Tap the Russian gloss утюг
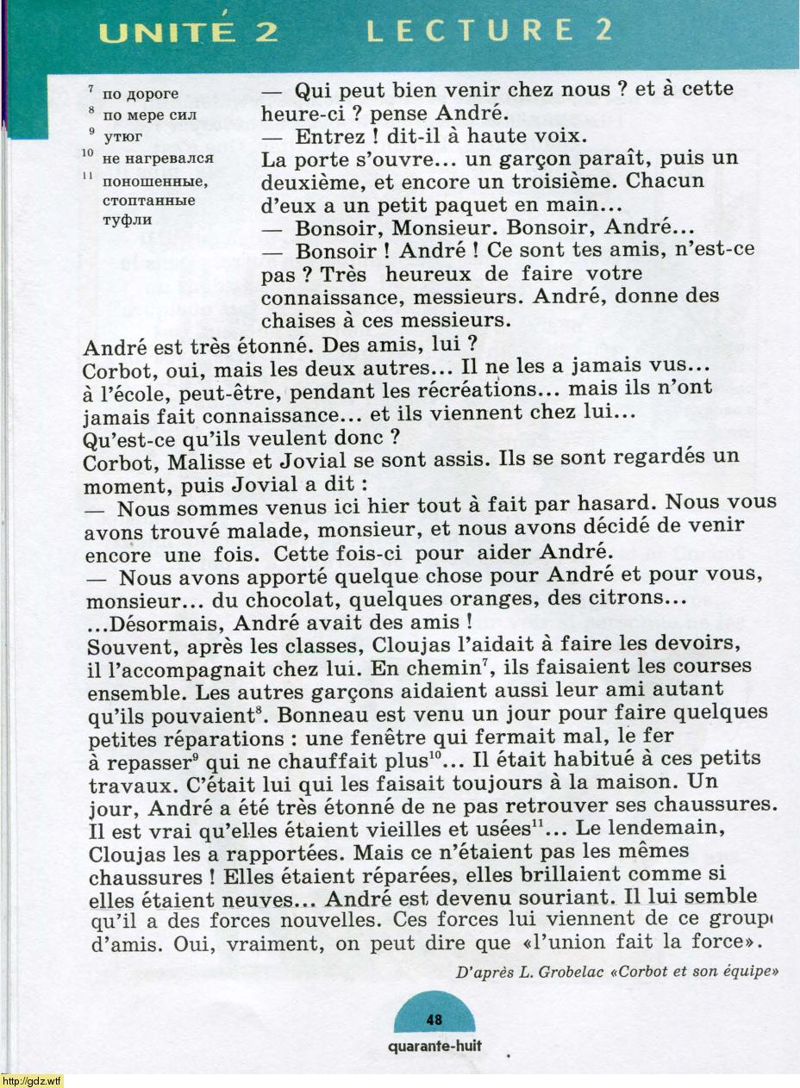click(x=123, y=135)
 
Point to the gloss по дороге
click(x=141, y=93)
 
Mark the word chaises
click(x=298, y=319)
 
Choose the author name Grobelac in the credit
click(x=588, y=971)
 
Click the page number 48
click(x=434, y=1020)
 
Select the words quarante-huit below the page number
click(x=434, y=1047)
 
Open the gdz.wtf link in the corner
click(x=31, y=1080)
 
